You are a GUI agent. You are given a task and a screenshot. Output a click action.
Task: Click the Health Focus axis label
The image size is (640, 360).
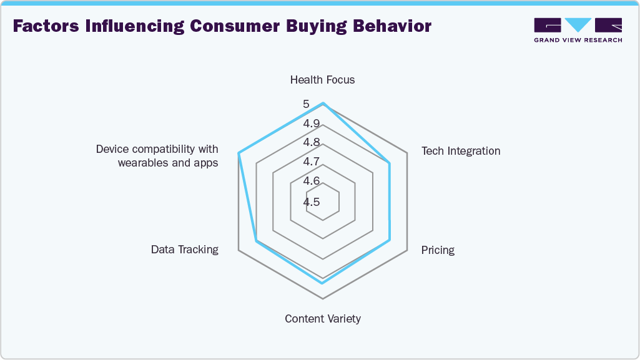(x=322, y=80)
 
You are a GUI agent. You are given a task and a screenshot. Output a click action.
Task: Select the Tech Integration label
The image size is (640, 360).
(x=461, y=151)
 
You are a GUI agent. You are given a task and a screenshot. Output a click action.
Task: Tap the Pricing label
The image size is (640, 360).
(x=438, y=250)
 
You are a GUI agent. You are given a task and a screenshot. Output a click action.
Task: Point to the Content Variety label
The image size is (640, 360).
(x=322, y=319)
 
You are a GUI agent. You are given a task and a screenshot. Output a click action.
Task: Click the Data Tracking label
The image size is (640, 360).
(x=185, y=250)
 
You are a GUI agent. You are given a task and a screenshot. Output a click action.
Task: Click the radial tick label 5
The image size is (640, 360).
(x=307, y=104)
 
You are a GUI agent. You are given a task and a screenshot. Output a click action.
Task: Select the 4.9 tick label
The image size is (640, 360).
(x=312, y=124)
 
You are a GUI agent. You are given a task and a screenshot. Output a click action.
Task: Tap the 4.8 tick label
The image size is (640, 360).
(x=312, y=142)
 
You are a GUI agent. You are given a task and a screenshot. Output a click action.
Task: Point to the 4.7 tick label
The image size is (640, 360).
(x=312, y=162)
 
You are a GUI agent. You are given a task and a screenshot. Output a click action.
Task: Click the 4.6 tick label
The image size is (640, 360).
(x=312, y=181)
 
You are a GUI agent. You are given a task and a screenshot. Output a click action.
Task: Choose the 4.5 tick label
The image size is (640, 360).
(x=312, y=202)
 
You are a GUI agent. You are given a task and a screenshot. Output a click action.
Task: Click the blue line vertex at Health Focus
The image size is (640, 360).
(x=323, y=104)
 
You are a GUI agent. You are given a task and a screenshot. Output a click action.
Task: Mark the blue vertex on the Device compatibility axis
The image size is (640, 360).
(x=239, y=153)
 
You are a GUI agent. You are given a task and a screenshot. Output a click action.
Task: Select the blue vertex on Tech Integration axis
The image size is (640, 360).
(x=390, y=163)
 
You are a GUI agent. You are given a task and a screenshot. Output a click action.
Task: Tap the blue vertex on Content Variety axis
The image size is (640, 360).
(x=323, y=283)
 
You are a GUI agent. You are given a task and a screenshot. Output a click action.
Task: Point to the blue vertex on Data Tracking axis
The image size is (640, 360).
(x=255, y=240)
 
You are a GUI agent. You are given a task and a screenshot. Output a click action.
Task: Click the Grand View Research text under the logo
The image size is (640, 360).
(x=578, y=41)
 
